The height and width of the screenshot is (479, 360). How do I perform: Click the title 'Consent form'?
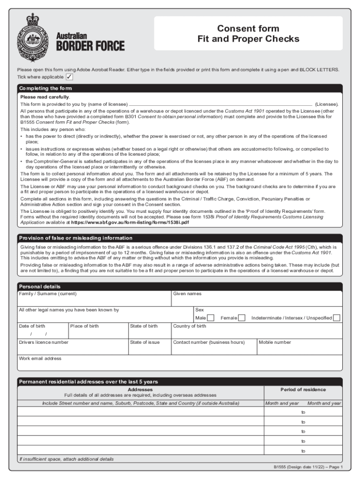coord(248,29)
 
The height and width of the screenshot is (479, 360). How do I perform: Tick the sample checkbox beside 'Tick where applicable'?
coord(69,77)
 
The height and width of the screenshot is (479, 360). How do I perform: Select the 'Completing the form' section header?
coord(45,88)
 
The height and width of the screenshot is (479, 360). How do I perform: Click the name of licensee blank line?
coord(220,104)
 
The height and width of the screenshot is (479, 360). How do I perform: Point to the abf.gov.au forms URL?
coord(130,222)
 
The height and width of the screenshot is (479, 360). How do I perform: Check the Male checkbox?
coord(211,318)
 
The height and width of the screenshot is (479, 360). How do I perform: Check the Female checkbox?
coord(242,318)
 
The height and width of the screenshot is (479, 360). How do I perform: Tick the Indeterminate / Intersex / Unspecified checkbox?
coord(337,318)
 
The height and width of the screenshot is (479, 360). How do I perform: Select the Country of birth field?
coord(256,334)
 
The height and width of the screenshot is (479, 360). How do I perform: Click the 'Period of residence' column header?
coord(303,390)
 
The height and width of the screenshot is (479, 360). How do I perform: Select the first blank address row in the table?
coord(140,412)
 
